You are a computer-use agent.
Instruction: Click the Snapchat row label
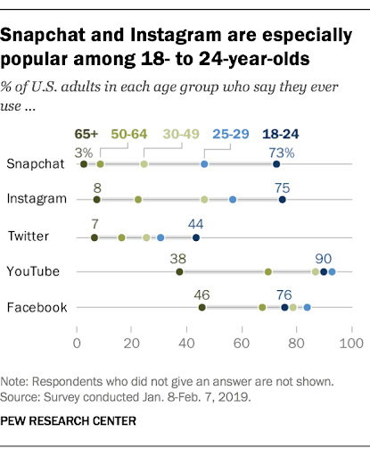[x=36, y=164]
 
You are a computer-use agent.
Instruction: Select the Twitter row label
[x=29, y=236]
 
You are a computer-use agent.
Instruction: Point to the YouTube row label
[x=34, y=271]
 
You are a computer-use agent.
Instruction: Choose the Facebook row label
[x=37, y=308]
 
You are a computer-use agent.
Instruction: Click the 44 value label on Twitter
[x=196, y=222]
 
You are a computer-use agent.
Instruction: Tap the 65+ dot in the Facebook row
[x=202, y=308]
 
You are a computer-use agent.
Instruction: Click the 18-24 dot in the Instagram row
[x=283, y=200]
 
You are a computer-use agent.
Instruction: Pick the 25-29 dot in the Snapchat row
[x=204, y=164]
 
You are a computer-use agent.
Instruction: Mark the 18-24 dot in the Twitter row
[x=196, y=237]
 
